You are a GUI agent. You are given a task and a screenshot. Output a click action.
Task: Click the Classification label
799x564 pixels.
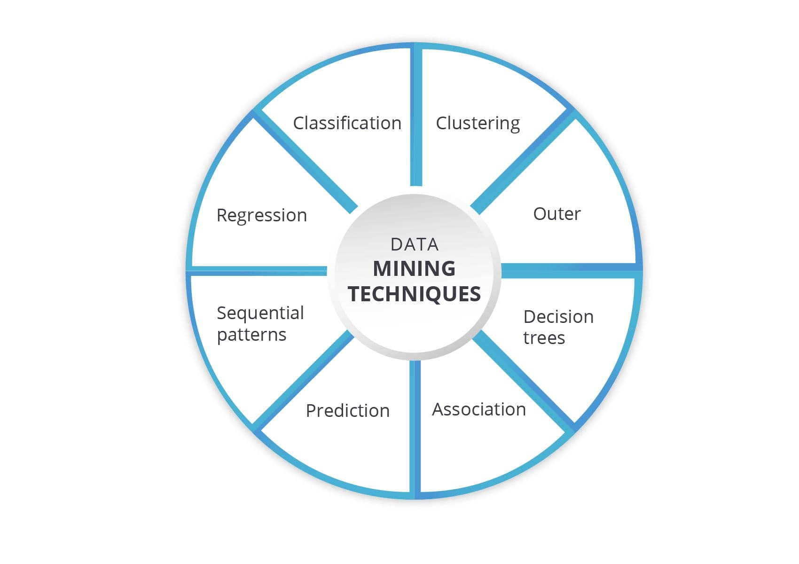coord(347,123)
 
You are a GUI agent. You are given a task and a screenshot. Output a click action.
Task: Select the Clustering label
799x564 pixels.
coord(478,124)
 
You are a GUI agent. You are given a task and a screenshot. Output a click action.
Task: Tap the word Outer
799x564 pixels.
coord(557,214)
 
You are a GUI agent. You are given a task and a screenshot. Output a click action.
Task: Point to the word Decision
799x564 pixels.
coord(558,316)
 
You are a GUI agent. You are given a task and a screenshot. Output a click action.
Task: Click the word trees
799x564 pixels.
coord(544,338)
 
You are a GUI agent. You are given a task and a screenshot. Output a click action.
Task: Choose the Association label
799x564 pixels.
coord(479,409)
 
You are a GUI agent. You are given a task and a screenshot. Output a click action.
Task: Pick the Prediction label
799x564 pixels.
coord(348,411)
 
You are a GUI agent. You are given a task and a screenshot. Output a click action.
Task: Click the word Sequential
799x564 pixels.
coord(260,313)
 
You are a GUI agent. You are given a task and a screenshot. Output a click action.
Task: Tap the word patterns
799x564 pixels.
coord(252,335)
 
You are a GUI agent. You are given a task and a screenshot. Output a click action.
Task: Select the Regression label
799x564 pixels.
coord(262,215)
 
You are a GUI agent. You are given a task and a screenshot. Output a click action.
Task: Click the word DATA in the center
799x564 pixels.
coord(415,245)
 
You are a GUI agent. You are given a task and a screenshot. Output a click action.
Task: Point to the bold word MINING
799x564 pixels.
coord(414,269)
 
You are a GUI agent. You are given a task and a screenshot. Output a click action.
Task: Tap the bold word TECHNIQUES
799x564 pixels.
coord(415,294)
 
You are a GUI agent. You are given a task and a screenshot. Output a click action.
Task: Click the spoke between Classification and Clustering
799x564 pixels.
coord(416,116)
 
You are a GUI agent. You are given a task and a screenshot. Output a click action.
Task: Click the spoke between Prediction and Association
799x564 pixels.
coord(415,430)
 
